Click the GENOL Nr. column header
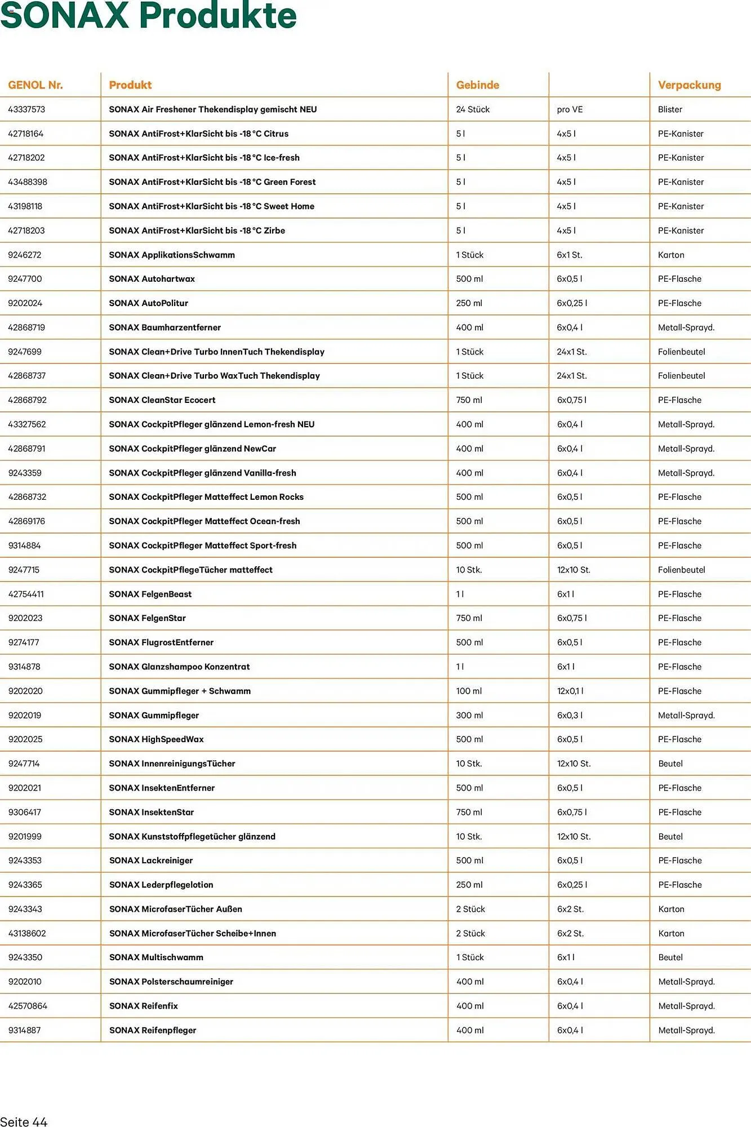35,85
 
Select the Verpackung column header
689,85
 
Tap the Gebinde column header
477,85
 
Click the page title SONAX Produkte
148,16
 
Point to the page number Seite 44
24,1121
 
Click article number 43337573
26,109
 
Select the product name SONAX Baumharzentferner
165,327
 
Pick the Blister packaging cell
670,109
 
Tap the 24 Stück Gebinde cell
473,109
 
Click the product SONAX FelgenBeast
150,594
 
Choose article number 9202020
25,691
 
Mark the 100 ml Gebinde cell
469,691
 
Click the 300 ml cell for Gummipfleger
469,715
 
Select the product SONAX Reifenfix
143,1006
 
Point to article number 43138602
27,933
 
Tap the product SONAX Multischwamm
156,957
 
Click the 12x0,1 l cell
570,691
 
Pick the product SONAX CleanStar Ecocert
162,400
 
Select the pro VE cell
570,109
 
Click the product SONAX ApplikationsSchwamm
171,255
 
